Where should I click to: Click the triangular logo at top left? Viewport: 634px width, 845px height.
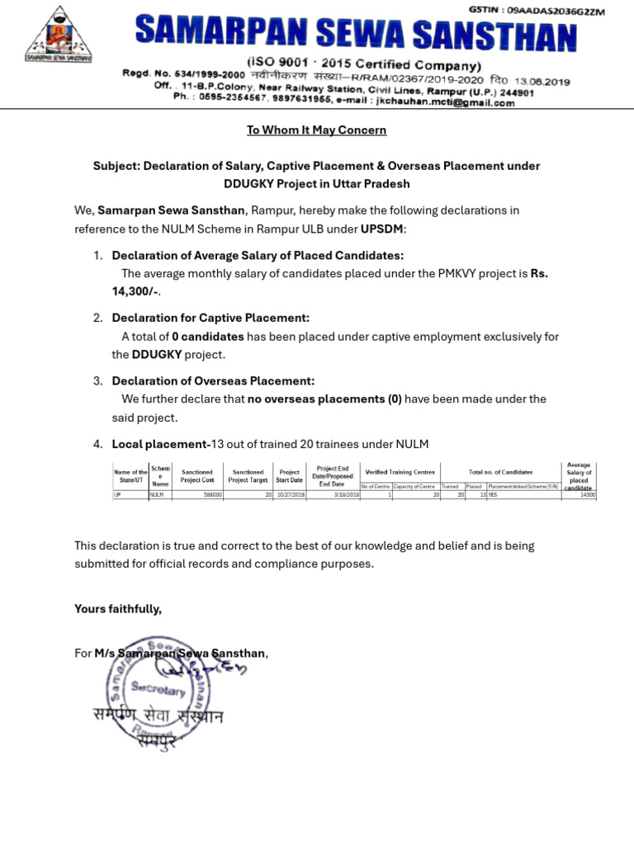point(58,35)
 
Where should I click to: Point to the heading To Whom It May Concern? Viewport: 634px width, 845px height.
point(317,130)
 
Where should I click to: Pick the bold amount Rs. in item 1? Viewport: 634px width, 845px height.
point(538,273)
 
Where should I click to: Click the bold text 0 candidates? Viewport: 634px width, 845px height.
point(208,337)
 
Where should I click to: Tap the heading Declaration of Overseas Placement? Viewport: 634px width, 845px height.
point(213,381)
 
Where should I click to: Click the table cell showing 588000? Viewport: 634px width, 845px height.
point(212,495)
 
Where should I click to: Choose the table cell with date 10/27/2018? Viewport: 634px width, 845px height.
point(290,495)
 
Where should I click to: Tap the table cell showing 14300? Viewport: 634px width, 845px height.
point(587,495)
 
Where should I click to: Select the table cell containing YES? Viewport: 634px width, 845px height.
point(494,495)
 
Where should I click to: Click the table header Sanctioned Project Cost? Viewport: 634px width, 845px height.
point(197,476)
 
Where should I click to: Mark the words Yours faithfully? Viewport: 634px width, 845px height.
point(118,609)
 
